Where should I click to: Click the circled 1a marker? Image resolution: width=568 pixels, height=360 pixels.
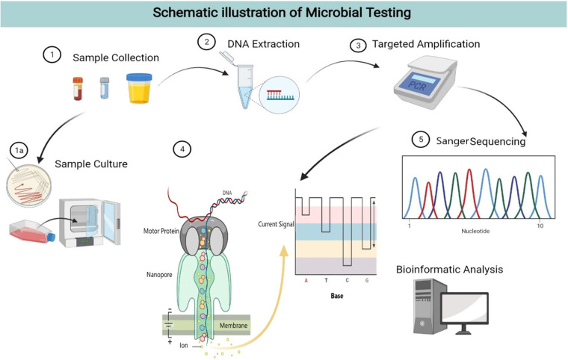19,150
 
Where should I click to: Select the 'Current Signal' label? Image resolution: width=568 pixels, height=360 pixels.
274,223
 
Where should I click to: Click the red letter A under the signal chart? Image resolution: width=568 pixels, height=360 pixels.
306,281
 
